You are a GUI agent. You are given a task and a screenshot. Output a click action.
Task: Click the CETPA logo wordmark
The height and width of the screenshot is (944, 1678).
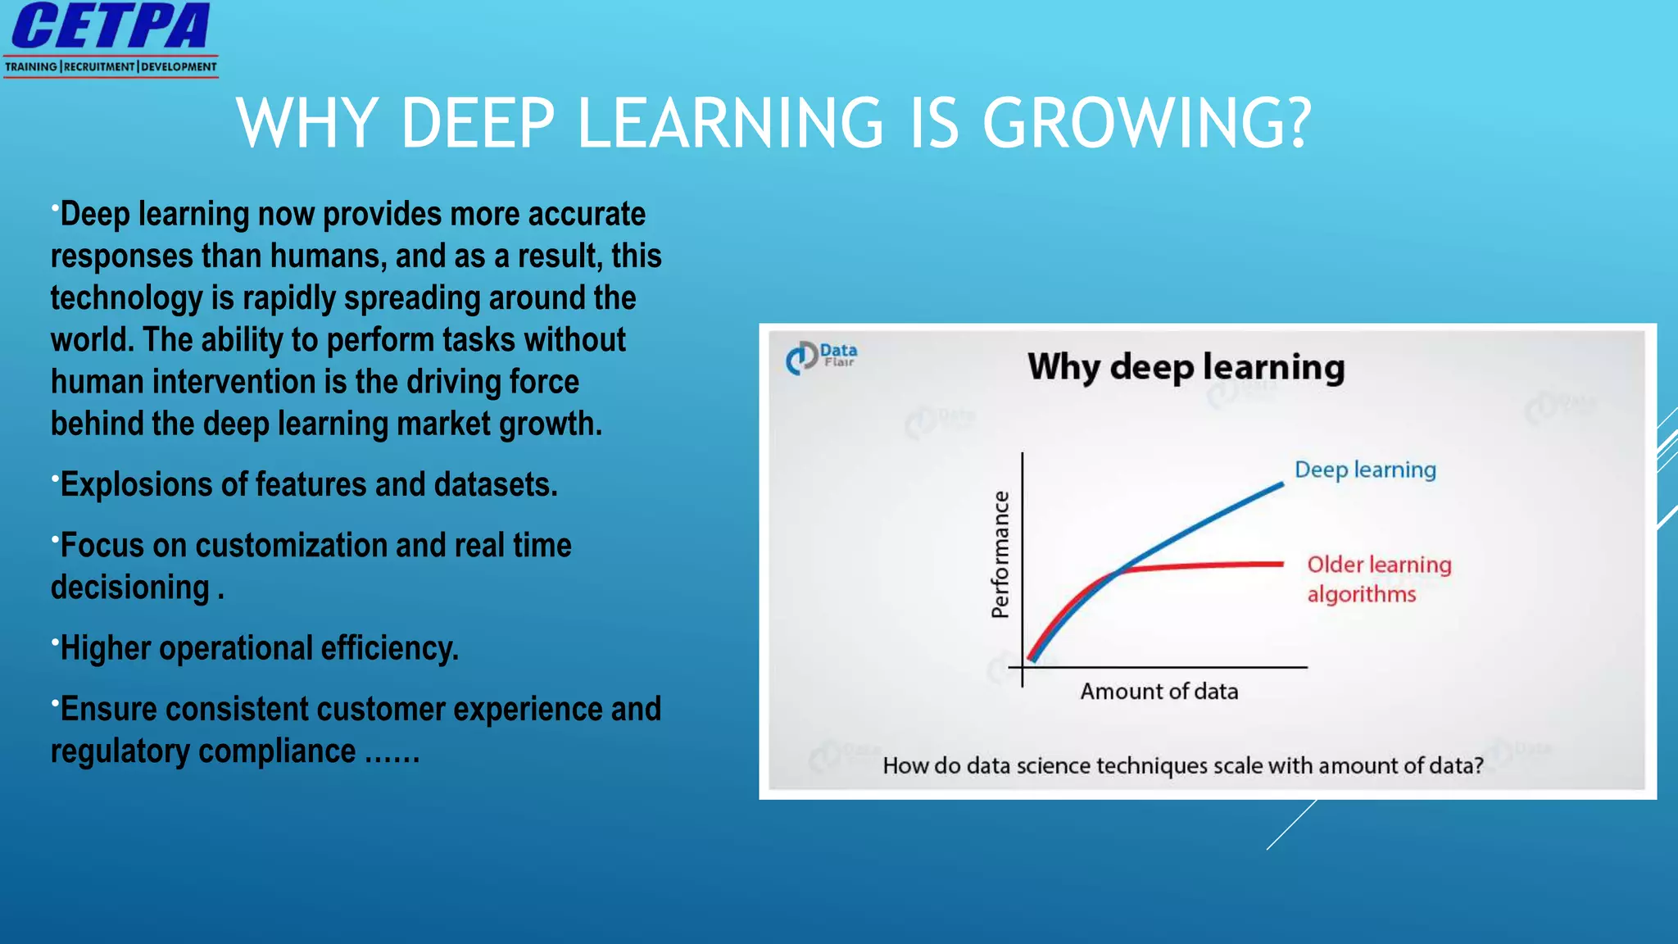[111, 27]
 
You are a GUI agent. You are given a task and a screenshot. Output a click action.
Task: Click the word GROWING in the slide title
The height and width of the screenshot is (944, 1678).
[1146, 124]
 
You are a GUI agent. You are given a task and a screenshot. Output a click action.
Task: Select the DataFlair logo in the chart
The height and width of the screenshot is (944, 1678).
[821, 357]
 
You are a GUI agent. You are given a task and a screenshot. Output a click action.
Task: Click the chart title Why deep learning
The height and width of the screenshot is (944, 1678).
[1186, 367]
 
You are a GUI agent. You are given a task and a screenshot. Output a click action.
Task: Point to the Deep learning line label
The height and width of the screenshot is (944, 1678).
[1365, 470]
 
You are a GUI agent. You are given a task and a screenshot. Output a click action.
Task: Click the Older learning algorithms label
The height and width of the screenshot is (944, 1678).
[1378, 579]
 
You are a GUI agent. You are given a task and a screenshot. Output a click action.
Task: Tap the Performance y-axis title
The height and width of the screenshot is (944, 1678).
[1000, 554]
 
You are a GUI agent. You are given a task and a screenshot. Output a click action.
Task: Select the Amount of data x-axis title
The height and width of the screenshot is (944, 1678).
[1159, 692]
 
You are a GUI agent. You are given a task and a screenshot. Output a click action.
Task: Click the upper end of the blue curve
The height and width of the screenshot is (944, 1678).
[1280, 484]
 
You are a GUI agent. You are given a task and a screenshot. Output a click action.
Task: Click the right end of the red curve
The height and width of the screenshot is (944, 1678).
[1280, 564]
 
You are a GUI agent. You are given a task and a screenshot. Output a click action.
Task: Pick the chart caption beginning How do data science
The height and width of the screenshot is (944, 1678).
[1182, 765]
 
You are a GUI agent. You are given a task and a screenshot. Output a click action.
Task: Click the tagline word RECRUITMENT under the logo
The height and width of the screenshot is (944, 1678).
[99, 67]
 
